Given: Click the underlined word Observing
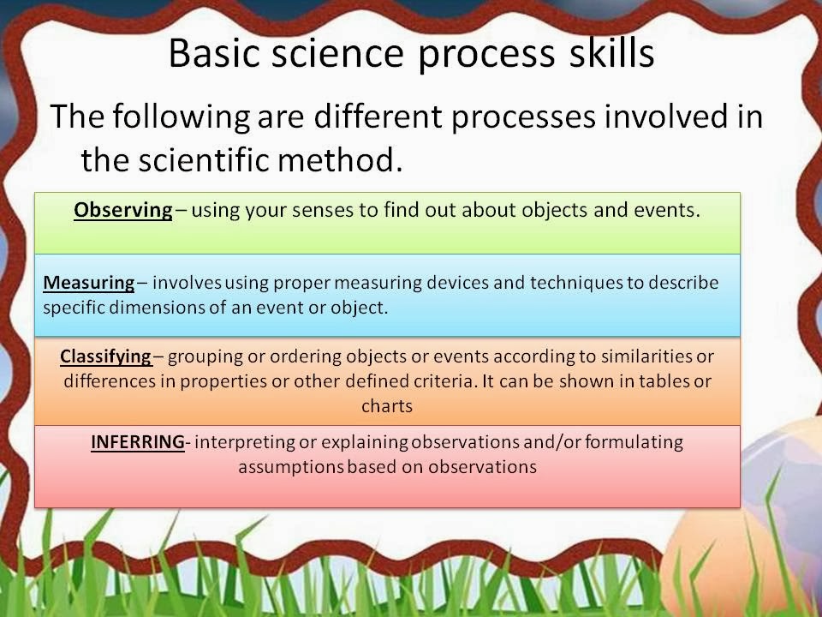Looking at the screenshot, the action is click(123, 211).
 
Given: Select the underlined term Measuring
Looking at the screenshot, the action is click(88, 284).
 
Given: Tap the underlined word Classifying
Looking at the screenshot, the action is click(106, 357).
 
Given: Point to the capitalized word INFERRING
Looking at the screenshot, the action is click(138, 442).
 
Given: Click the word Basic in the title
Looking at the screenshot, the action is click(214, 53).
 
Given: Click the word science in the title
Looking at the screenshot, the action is click(337, 53).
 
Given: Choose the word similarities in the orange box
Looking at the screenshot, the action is click(646, 356).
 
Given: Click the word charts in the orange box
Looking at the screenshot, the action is click(387, 406).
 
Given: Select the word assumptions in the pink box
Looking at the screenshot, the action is click(291, 467).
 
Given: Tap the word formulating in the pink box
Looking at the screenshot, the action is click(634, 442).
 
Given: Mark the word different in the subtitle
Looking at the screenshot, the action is click(378, 117).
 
